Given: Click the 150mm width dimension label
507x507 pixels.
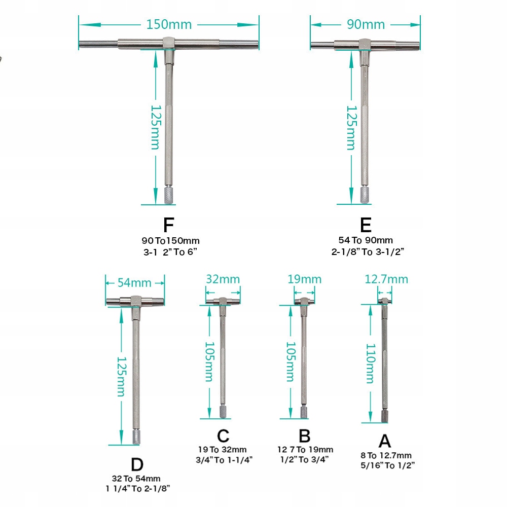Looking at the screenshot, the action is coord(169,24).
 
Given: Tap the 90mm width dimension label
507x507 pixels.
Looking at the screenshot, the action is coord(366,24).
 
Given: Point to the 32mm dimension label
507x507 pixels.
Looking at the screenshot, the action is coord(223,279).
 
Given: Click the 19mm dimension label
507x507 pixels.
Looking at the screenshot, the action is coord(305,279).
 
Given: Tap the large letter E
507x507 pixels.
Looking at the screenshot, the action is coord(366,225).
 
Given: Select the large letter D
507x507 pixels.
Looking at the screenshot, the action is coord(136,464).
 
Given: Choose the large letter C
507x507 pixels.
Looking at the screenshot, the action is coord(223,436).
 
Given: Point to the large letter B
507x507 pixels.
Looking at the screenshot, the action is coord(304,436).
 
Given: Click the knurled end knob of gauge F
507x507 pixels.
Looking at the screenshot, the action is coord(169,196).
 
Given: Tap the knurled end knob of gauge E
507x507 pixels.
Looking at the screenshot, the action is coord(365,194).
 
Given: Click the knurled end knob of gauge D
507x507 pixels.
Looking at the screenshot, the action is coord(136,437).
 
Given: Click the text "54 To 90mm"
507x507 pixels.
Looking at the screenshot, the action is coord(366,240).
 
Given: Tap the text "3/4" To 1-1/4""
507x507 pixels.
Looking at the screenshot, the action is coord(224,459).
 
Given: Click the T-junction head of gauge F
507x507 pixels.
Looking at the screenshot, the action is coord(169,43).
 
